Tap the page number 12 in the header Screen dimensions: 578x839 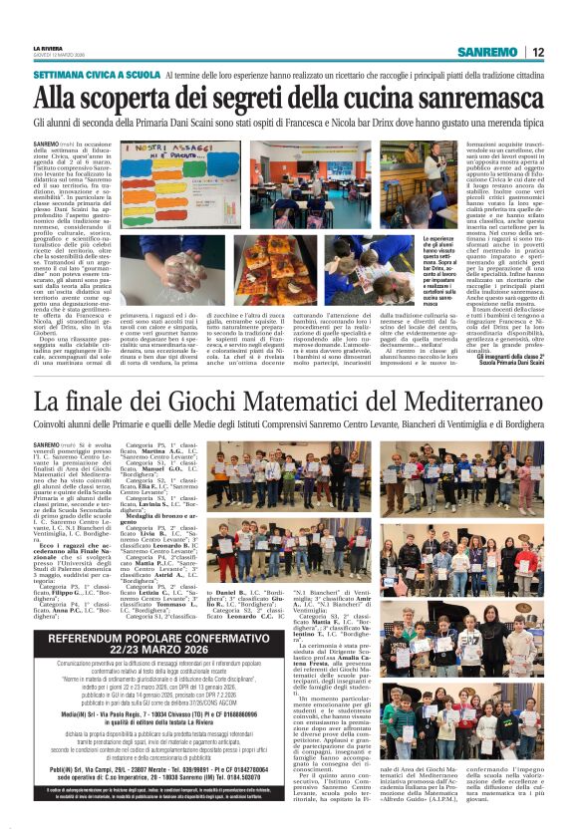537,52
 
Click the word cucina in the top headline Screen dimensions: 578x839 369,98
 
